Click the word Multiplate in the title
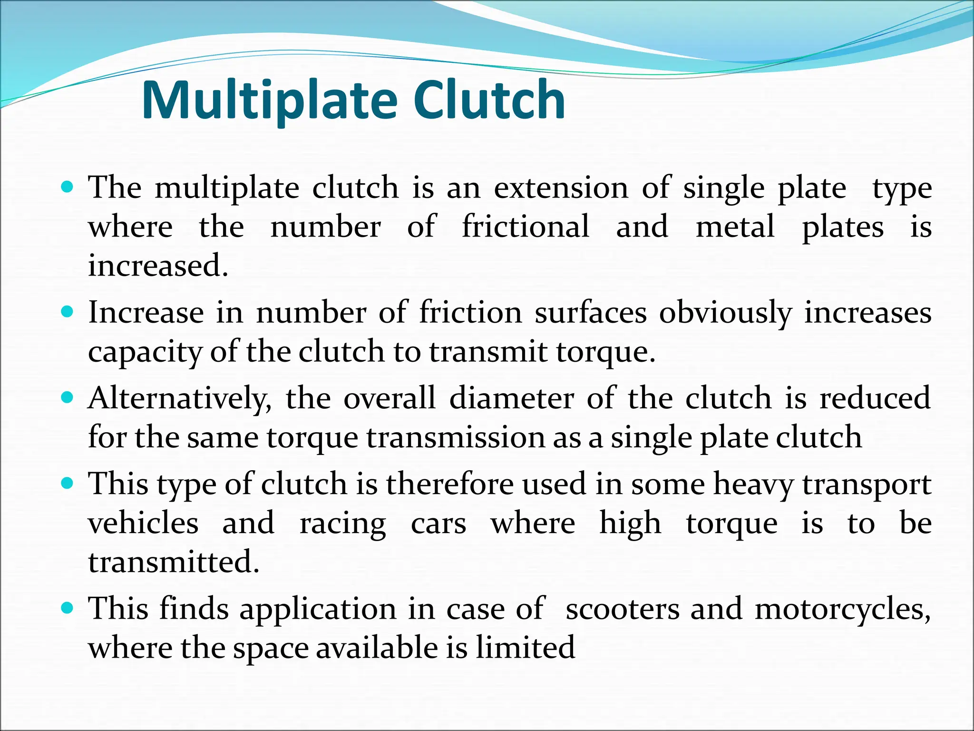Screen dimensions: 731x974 [269, 101]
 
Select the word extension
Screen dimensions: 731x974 [561, 188]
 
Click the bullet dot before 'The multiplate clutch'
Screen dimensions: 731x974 [68, 187]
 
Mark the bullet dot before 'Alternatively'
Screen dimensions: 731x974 [68, 397]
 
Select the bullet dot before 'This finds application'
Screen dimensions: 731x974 [68, 608]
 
